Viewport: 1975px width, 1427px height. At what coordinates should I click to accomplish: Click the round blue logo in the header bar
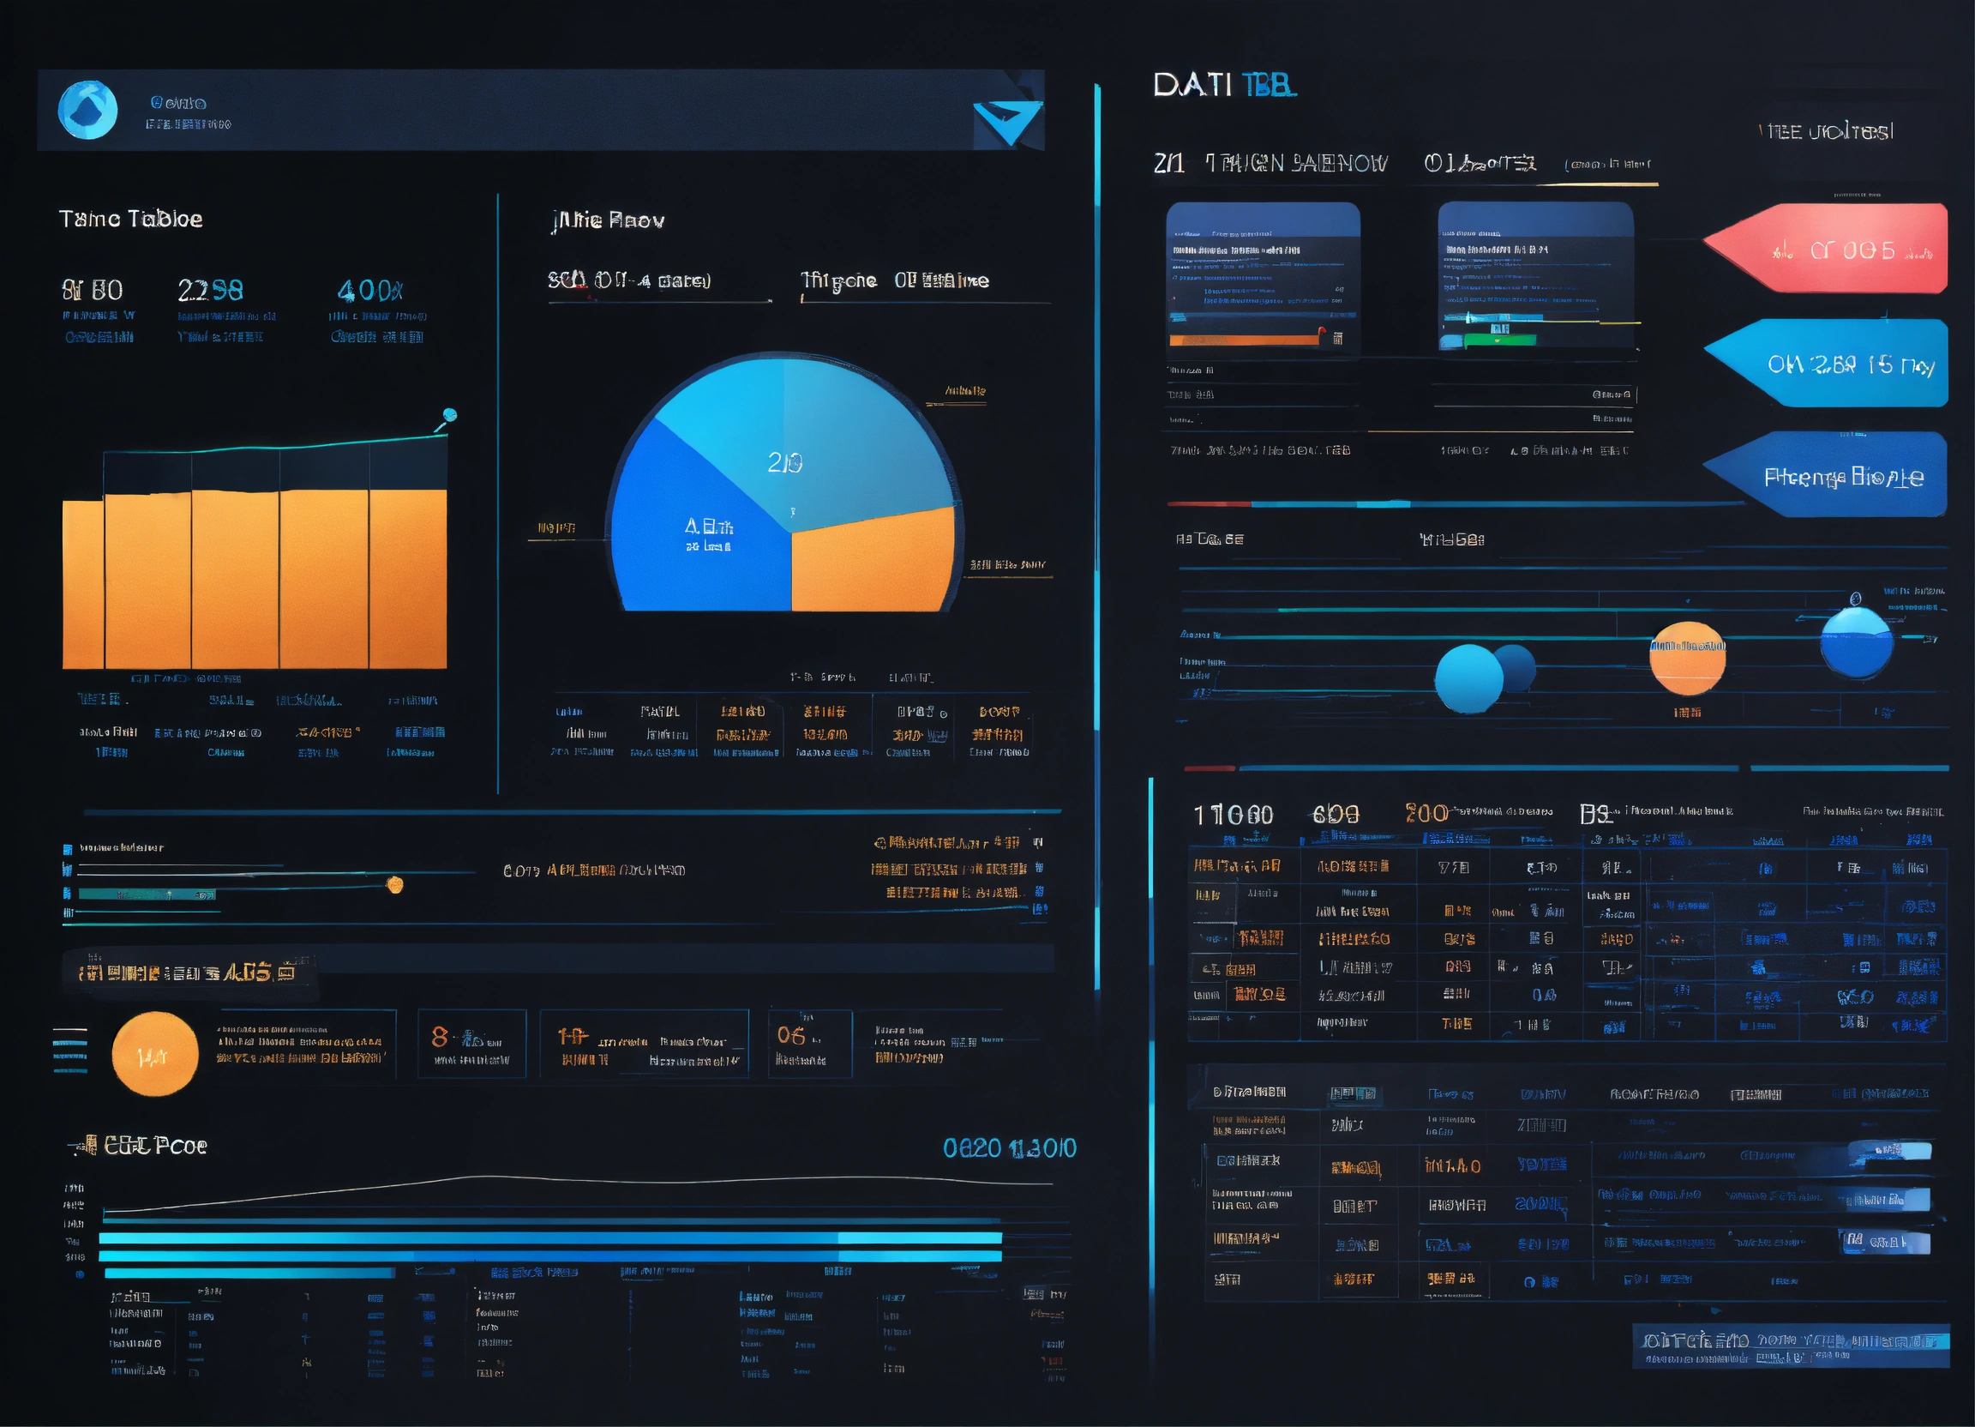87,110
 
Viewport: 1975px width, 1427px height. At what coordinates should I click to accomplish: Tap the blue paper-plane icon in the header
1007,121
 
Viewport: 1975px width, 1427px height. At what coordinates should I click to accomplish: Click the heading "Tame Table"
130,219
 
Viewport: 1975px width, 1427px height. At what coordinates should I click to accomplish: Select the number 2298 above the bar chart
210,290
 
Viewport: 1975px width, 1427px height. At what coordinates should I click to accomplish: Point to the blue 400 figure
369,290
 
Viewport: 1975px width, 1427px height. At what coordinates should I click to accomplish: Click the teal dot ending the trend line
449,415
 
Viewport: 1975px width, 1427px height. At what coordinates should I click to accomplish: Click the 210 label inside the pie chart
784,462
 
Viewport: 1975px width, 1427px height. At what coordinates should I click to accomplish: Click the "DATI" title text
1192,86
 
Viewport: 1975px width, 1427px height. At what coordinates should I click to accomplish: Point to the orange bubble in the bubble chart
1687,658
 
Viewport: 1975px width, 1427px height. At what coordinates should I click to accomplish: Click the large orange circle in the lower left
155,1053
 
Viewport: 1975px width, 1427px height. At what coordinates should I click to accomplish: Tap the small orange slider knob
395,885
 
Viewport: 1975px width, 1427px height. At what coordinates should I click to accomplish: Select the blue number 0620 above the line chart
972,1148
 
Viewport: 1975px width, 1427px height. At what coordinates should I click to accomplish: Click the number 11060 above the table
1233,815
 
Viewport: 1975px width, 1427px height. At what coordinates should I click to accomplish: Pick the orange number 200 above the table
1426,813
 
